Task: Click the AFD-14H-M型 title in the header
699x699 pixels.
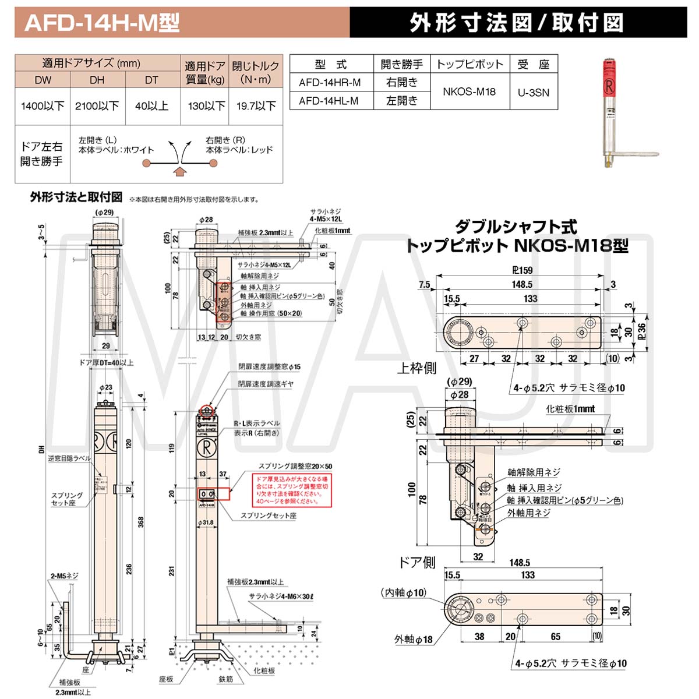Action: point(103,23)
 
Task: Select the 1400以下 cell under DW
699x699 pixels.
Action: point(43,106)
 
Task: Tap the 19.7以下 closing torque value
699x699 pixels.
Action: point(256,106)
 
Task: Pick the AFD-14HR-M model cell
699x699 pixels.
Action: point(330,83)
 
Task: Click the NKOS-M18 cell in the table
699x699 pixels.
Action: point(469,91)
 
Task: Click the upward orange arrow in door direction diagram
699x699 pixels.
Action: point(181,171)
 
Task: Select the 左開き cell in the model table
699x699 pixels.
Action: point(401,101)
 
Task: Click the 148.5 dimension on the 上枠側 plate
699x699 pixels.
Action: point(522,284)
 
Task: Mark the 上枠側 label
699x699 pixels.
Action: point(416,368)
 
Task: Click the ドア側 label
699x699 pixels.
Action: point(416,562)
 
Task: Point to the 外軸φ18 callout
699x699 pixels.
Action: point(413,640)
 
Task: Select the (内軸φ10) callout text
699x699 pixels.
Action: point(404,592)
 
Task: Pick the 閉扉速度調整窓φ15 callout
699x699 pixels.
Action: point(269,367)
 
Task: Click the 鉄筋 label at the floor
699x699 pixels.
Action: point(225,680)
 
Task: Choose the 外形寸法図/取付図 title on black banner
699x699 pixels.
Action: point(517,23)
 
